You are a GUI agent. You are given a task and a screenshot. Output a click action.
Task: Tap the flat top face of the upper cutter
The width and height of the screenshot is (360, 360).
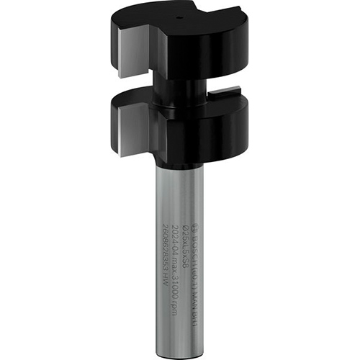click(209, 22)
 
